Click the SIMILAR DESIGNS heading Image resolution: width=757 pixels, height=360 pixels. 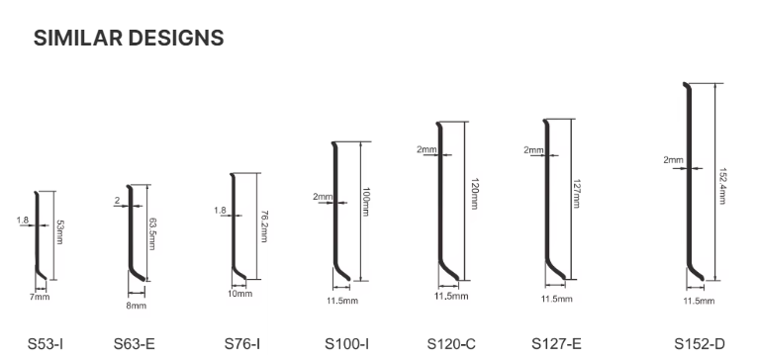pos(129,38)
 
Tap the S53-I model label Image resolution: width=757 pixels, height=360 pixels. pos(46,344)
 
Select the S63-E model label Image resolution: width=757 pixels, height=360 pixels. pos(135,344)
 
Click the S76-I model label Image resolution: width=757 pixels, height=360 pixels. pos(242,344)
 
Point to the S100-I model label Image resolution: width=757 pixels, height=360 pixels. pos(347,344)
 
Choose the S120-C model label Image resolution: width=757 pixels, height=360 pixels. pos(451,344)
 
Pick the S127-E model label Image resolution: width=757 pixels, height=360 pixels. pos(557,344)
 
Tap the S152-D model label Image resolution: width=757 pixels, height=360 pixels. pos(700,344)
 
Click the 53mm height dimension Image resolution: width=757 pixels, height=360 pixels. pos(59,232)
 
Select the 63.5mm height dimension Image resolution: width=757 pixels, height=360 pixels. pos(152,233)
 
